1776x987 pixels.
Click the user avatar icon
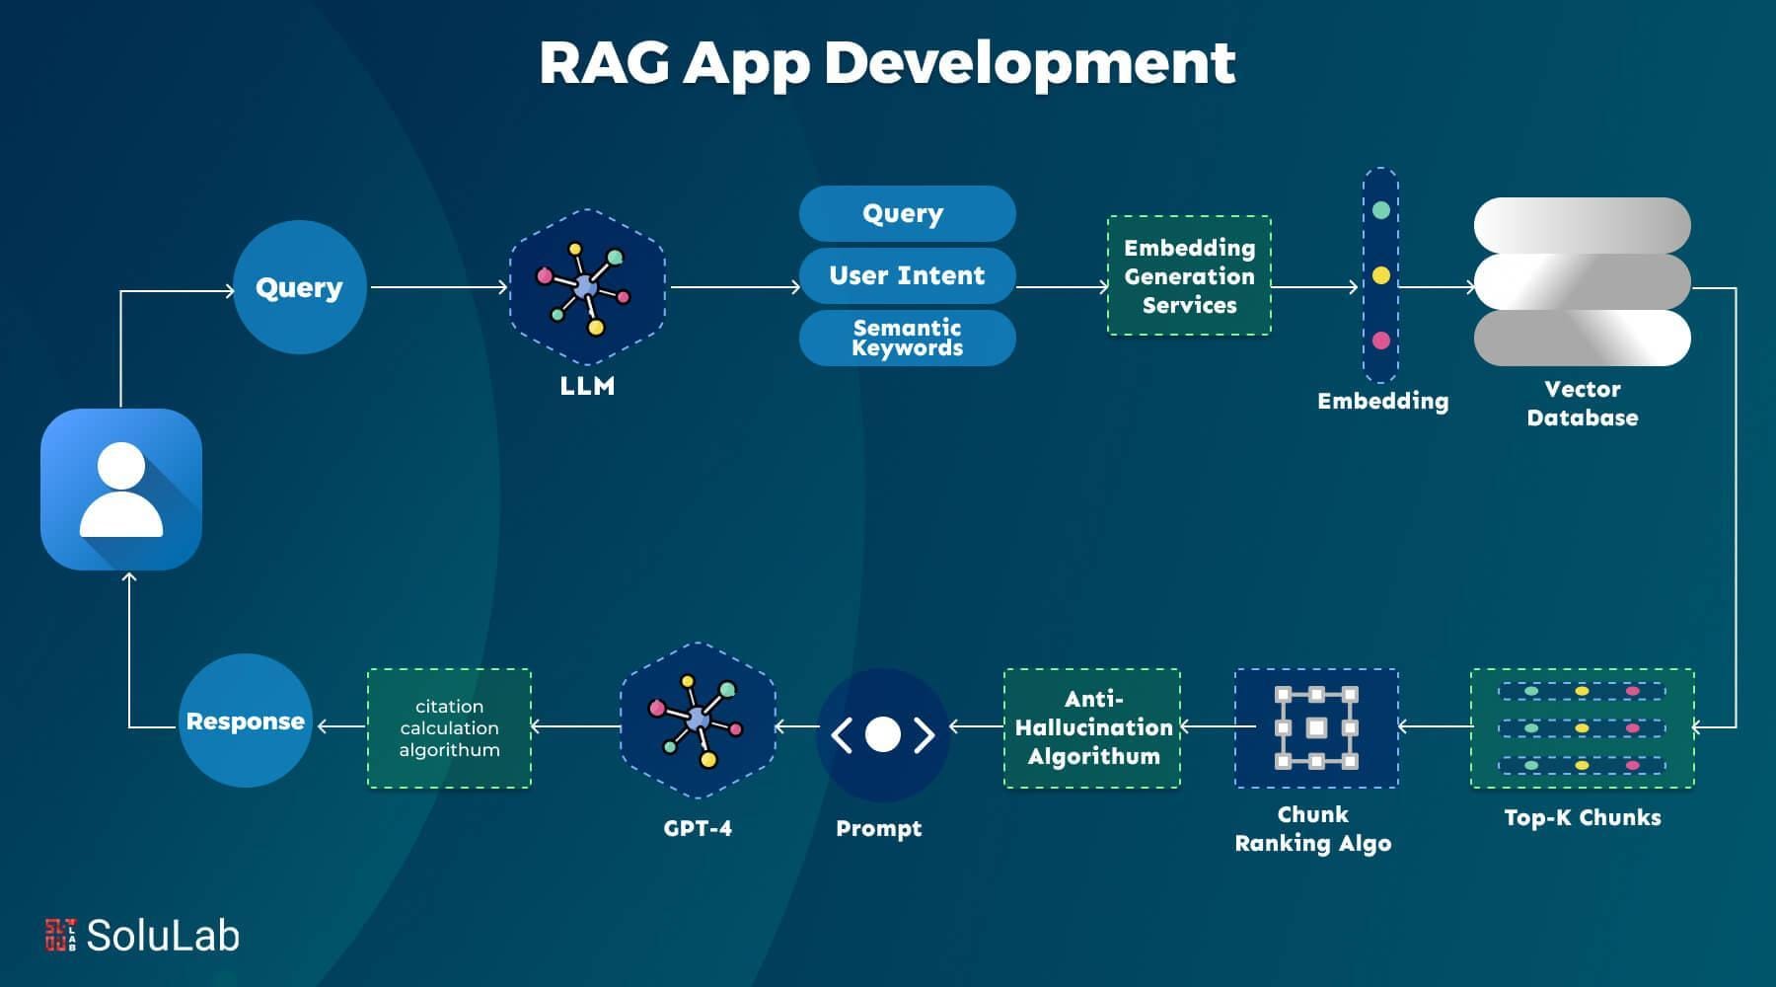(120, 490)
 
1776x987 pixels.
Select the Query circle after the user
(299, 287)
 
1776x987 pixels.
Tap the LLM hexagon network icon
(587, 286)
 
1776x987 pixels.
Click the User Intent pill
(907, 275)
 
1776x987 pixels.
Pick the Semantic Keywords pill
(907, 338)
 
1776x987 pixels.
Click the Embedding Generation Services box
(1189, 276)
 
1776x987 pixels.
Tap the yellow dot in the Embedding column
(1380, 275)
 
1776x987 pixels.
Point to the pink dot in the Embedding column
(1380, 341)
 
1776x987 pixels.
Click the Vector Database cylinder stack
(1582, 281)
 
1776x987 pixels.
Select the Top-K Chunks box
(1582, 728)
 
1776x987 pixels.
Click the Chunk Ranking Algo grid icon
(1316, 728)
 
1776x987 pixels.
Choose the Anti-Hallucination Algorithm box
(1092, 728)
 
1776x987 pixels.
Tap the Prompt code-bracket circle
(882, 734)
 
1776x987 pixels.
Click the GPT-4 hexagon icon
(698, 721)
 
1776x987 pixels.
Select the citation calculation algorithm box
(449, 728)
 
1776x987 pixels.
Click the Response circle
(245, 721)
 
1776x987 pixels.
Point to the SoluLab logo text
(163, 936)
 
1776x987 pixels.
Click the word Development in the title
(1029, 63)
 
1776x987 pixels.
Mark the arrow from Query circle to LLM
(438, 287)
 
